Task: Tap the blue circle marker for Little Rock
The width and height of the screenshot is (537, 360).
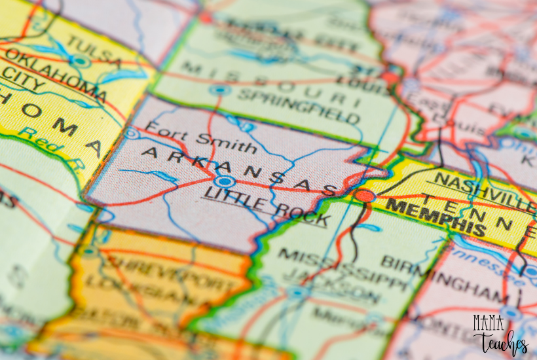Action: (x=225, y=181)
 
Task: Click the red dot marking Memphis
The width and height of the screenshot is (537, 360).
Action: (x=365, y=196)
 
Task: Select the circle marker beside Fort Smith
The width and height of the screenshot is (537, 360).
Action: (x=132, y=134)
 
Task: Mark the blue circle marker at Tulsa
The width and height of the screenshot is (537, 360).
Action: (x=81, y=62)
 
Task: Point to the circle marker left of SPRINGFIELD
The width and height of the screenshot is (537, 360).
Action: (x=220, y=89)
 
